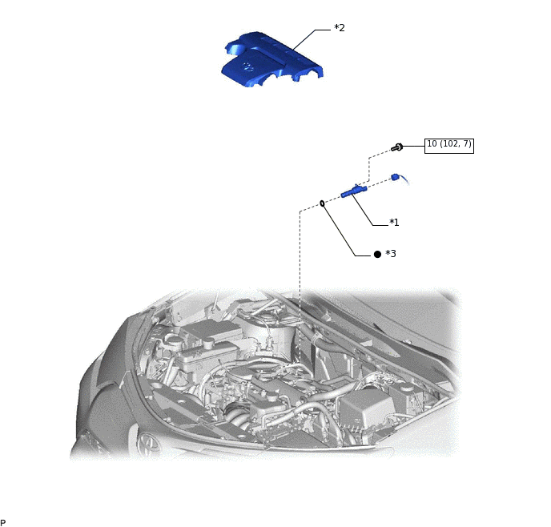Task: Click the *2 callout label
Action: tap(340, 28)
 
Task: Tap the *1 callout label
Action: tap(394, 223)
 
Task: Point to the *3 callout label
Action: tap(391, 254)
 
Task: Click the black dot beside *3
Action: tap(377, 254)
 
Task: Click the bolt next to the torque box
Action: tap(397, 147)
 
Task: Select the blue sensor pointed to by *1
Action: tap(353, 192)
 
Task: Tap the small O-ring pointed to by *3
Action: tap(322, 203)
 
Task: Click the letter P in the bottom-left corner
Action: tap(3, 522)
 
